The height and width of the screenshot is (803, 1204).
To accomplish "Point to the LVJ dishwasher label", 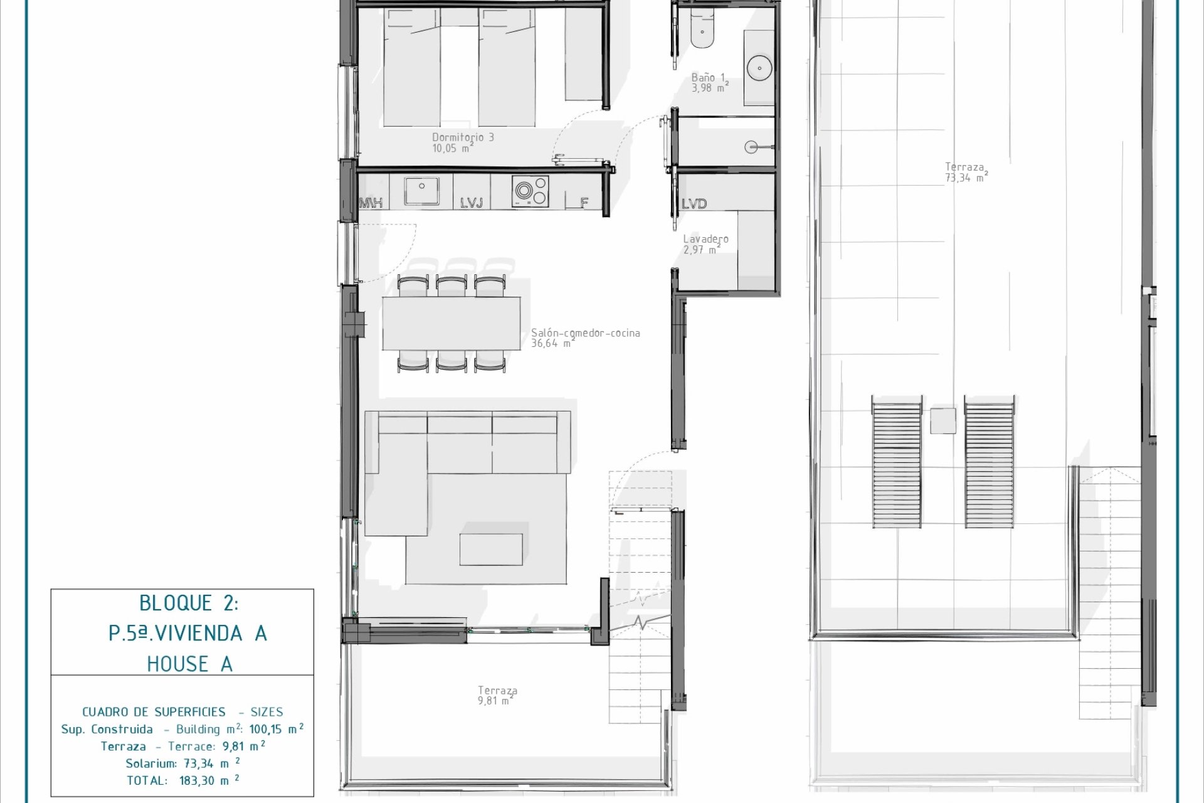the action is pyautogui.click(x=472, y=203).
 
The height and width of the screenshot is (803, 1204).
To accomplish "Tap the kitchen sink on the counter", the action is pyautogui.click(x=421, y=191).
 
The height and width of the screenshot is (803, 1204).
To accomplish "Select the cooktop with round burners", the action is pyautogui.click(x=531, y=191).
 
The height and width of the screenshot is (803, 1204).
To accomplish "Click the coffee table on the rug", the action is pyautogui.click(x=491, y=550).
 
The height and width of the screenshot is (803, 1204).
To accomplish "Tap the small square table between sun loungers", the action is pyautogui.click(x=943, y=420).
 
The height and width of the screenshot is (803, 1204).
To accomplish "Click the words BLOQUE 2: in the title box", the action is pyautogui.click(x=189, y=604).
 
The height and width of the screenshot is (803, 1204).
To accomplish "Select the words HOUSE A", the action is pyautogui.click(x=189, y=664).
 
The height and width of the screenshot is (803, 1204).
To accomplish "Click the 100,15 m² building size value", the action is pyautogui.click(x=277, y=729).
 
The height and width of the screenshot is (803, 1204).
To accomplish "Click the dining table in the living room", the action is pyautogui.click(x=451, y=323).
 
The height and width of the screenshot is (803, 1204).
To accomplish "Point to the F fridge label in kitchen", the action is pyautogui.click(x=584, y=203).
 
